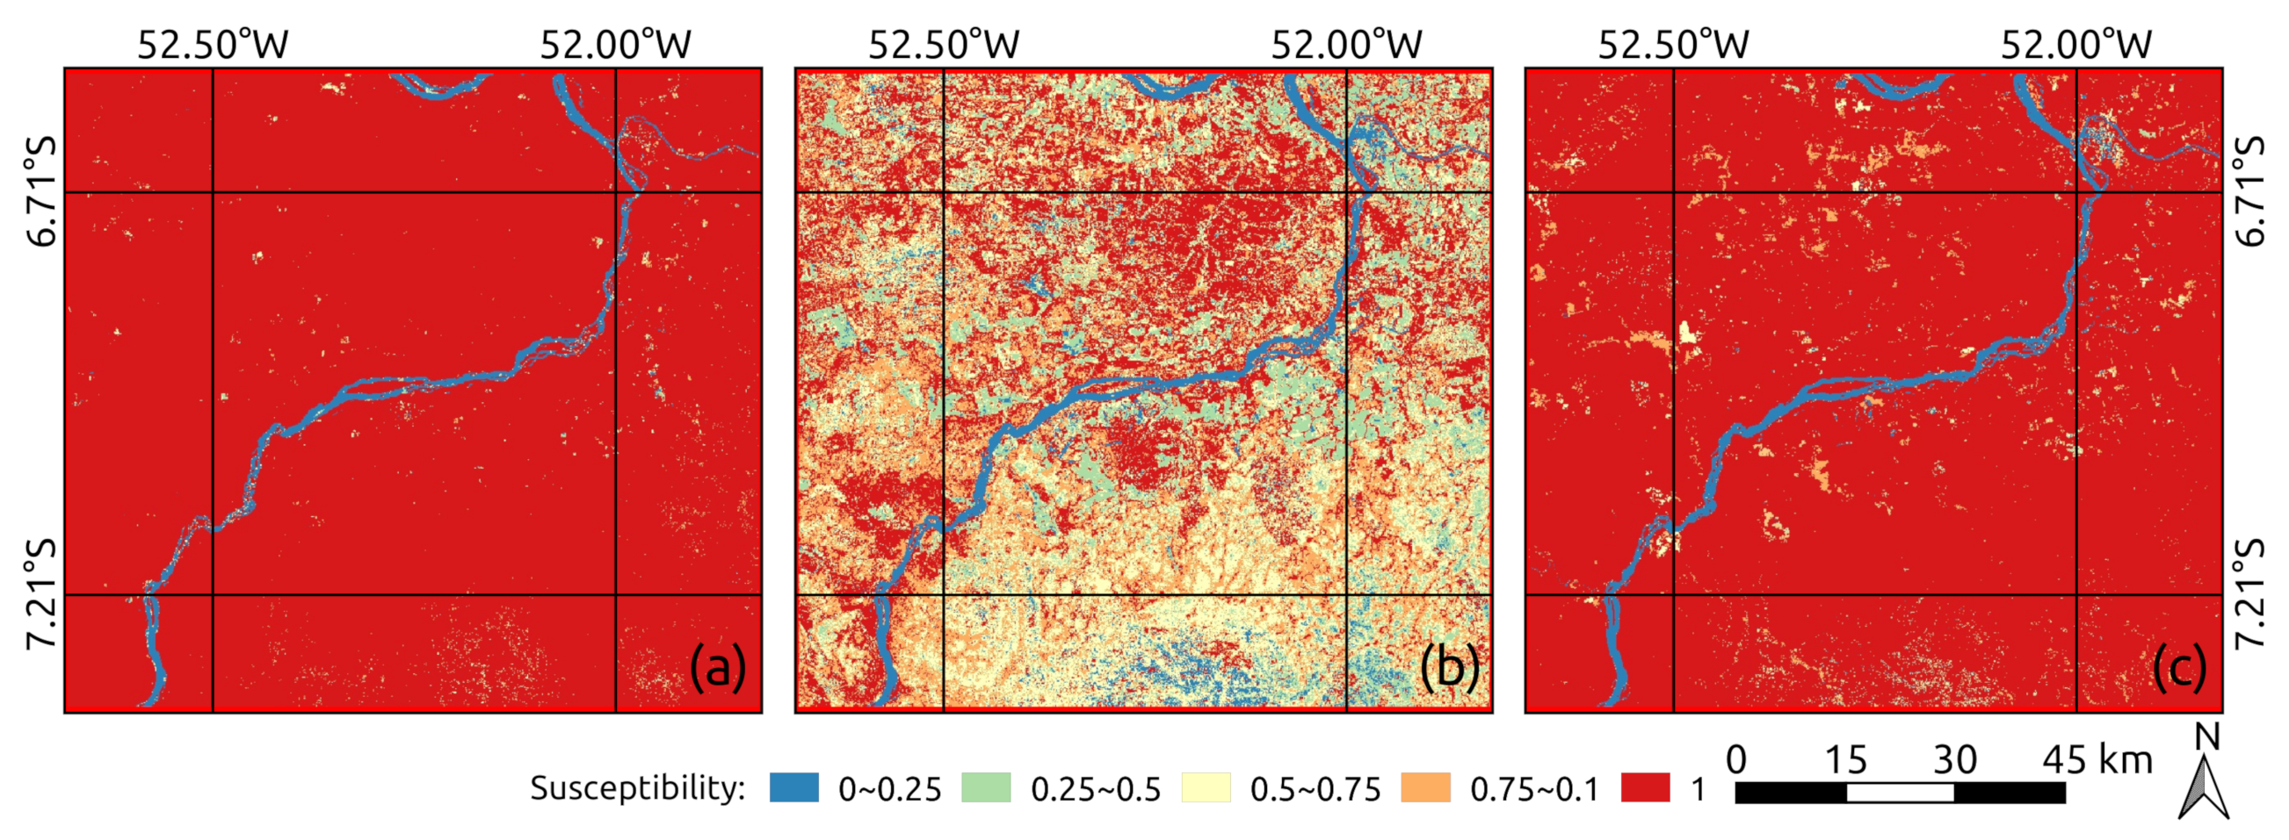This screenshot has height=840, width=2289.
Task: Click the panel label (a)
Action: (717, 668)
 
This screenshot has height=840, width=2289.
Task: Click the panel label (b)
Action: (1448, 668)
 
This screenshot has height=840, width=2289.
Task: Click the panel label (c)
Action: (2179, 668)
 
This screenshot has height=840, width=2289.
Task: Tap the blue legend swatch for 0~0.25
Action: (793, 787)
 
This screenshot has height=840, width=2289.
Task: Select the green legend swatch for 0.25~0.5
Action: (985, 787)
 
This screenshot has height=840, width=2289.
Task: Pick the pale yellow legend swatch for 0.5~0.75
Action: (1206, 787)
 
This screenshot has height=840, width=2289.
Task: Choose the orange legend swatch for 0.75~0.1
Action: (1425, 787)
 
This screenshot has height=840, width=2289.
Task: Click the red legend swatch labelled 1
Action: (1645, 787)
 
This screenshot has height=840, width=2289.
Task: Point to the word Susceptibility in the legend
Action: (637, 787)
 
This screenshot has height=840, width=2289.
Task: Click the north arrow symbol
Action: (2204, 786)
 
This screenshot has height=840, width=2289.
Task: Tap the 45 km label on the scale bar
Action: (2097, 760)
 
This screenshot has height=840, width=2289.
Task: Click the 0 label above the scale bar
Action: (1736, 760)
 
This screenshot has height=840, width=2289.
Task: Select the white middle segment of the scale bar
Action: (1900, 792)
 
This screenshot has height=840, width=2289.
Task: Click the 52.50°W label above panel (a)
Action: (213, 45)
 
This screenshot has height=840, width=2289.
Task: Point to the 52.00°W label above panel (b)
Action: (1346, 45)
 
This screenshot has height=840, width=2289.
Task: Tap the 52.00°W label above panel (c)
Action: (2076, 45)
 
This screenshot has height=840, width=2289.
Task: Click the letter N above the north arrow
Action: (2207, 738)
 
